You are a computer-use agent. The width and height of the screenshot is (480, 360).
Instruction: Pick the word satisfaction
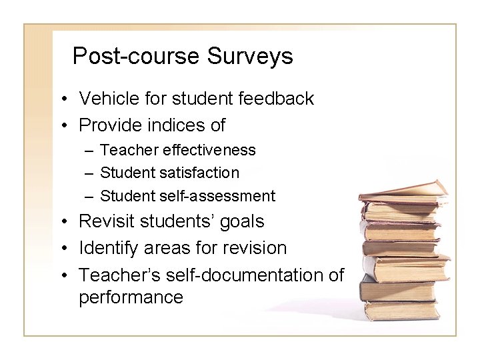click(200, 173)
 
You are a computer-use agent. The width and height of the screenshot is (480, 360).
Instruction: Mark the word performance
click(131, 297)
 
